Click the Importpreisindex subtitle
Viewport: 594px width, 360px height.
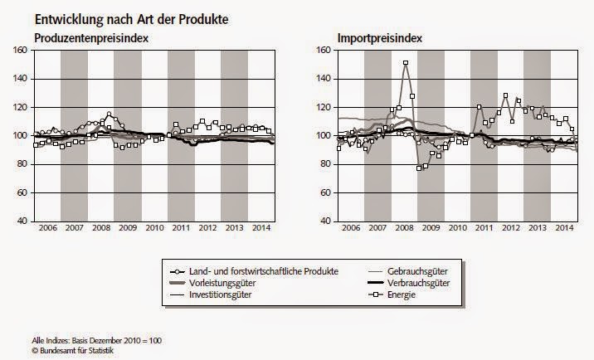click(375, 39)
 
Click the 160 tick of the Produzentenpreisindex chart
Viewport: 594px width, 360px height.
click(22, 50)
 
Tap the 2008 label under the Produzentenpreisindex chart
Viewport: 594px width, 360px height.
click(101, 228)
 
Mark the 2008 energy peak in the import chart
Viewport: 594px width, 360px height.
click(405, 63)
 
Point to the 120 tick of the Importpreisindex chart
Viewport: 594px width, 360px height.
click(326, 107)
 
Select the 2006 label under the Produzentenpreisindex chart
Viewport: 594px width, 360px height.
click(47, 228)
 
